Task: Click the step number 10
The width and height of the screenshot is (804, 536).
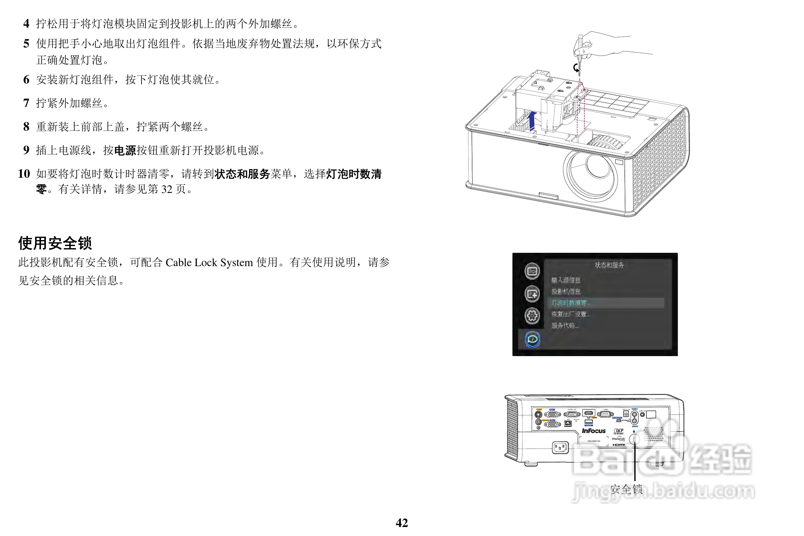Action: point(24,174)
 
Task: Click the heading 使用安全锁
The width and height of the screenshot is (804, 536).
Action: point(55,243)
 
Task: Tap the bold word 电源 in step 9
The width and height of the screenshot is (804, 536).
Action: point(125,150)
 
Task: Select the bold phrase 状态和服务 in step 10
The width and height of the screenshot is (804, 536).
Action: point(242,174)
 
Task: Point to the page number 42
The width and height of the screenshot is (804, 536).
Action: point(402,523)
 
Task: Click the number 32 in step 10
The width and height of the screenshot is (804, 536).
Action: point(167,189)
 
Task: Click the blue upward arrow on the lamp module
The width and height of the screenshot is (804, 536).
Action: point(532,120)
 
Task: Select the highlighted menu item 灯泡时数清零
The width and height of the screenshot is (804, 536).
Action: point(570,303)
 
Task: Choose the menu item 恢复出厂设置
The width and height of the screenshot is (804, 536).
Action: point(570,314)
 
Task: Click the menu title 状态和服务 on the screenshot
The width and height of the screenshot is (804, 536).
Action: point(609,265)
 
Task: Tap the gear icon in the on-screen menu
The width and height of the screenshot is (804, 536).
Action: point(532,315)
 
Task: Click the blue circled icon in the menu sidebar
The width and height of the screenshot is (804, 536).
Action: point(532,339)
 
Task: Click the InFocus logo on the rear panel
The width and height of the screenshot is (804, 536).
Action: point(593,431)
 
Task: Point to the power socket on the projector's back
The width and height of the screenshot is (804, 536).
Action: point(560,447)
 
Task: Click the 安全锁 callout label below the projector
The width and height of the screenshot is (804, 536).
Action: point(626,489)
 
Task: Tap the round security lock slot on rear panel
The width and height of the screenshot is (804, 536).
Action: point(634,439)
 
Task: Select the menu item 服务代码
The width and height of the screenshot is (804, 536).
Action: point(565,326)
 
